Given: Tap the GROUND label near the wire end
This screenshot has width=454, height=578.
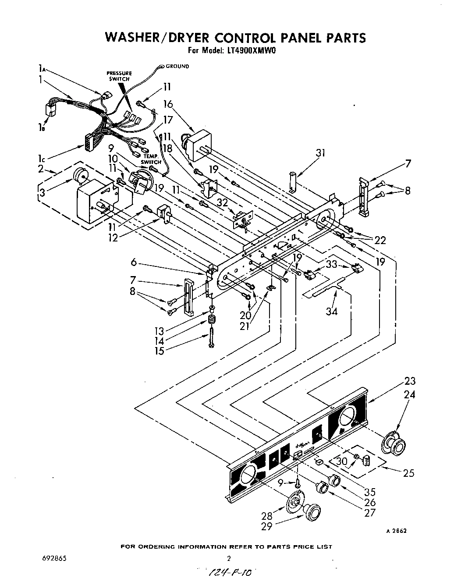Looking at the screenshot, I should [177, 67].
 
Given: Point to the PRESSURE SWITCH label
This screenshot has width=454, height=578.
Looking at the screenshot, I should [119, 76].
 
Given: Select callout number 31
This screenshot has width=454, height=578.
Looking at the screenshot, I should [321, 153].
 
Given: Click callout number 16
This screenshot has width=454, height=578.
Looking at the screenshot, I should [168, 104].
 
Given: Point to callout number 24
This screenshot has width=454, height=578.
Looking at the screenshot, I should [409, 394].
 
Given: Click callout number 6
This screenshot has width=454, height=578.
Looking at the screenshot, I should [134, 262].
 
